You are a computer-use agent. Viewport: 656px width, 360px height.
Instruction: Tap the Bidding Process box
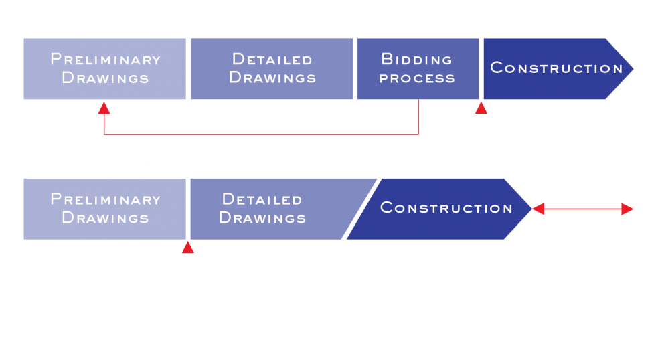417,68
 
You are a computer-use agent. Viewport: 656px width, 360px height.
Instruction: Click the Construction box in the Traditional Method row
556,68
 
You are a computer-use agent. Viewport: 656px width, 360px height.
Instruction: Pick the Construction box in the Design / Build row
445,208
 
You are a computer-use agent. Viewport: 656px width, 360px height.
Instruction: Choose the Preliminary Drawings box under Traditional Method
105,68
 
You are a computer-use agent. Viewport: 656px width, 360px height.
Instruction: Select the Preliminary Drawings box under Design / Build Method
105,208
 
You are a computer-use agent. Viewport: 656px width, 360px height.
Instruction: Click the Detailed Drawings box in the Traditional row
272,68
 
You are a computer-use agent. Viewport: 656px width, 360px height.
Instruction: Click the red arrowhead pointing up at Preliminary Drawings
104,107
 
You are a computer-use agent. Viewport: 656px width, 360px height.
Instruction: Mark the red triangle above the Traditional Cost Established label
481,108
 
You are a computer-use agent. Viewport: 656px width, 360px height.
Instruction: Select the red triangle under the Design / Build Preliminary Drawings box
188,248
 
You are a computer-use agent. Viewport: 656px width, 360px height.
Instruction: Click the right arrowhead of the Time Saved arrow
627,209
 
